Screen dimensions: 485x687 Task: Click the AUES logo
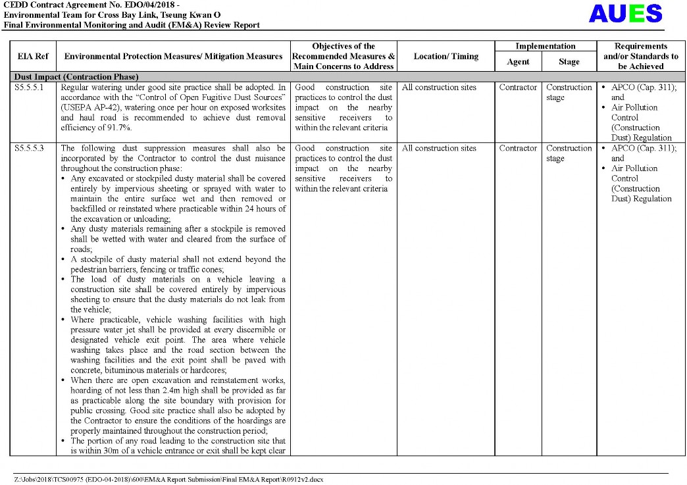point(625,14)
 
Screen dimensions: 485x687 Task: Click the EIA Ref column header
point(33,57)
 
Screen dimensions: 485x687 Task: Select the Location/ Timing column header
point(445,57)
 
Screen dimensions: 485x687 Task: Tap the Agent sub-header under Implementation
point(518,62)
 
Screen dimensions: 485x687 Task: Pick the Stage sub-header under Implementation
point(569,62)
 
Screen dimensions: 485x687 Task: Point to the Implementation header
point(545,46)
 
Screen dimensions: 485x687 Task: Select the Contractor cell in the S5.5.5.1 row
point(518,88)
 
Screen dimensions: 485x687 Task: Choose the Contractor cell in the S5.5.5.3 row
point(518,149)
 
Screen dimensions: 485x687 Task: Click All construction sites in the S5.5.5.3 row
point(439,149)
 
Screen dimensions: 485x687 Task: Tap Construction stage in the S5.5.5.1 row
point(569,92)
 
